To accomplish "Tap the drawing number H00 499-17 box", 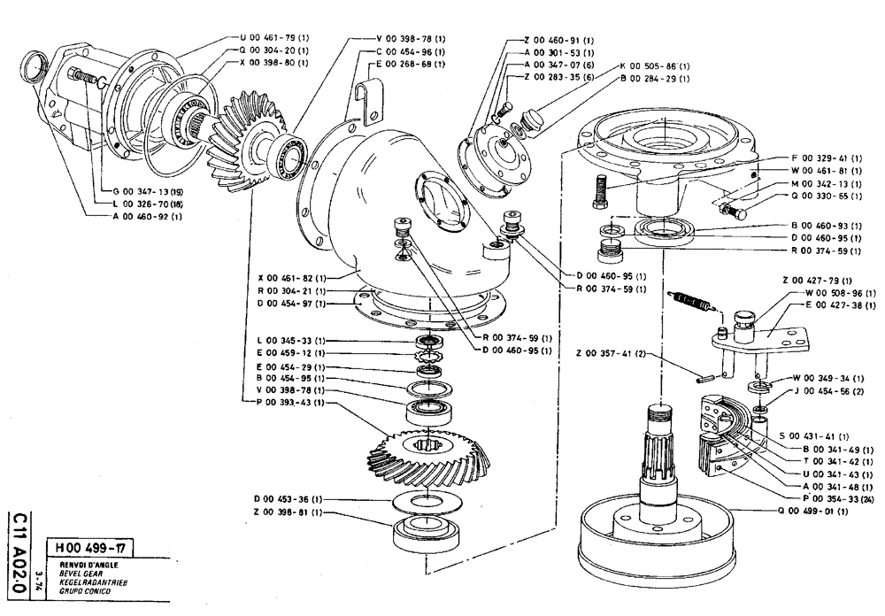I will [92, 546].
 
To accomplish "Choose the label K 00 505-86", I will [655, 66].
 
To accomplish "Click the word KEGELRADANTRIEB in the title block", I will [87, 582].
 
